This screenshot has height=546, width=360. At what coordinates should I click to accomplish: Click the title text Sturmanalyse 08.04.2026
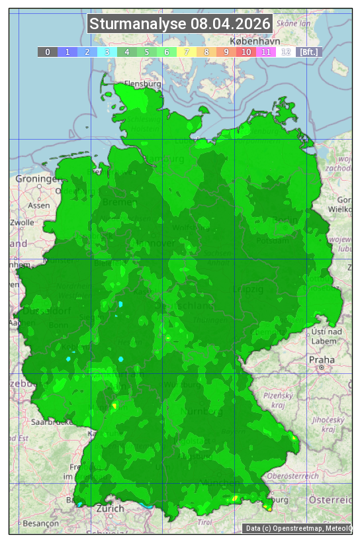[x=180, y=24]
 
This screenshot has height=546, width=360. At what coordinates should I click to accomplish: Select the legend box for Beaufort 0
[x=47, y=52]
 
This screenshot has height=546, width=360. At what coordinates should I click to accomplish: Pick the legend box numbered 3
[x=107, y=52]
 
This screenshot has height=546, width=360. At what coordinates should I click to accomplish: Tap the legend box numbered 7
[x=187, y=52]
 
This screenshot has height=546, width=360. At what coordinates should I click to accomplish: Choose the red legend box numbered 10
[x=246, y=52]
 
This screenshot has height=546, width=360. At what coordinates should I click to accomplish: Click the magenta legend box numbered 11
[x=266, y=52]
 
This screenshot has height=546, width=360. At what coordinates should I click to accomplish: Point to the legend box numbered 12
[x=286, y=52]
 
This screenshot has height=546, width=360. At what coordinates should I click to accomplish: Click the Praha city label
[x=322, y=359]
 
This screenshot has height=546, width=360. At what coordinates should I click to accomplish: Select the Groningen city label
[x=37, y=179]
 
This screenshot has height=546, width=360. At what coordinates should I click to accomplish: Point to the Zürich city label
[x=110, y=508]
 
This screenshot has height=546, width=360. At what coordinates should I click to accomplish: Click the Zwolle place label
[x=21, y=222]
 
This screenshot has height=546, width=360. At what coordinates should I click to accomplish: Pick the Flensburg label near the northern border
[x=142, y=84]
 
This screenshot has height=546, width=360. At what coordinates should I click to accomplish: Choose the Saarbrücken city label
[x=50, y=421]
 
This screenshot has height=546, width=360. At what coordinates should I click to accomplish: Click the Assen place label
[x=39, y=205]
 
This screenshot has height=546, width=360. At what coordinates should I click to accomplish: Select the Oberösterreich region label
[x=293, y=475]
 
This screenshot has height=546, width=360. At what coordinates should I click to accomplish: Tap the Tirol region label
[x=206, y=522]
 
